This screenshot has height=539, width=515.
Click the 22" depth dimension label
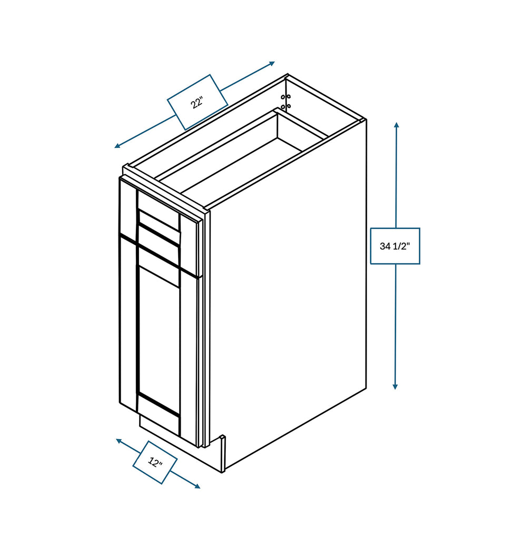(197, 102)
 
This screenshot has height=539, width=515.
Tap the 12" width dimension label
(155, 462)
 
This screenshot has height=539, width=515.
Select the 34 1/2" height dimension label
(394, 246)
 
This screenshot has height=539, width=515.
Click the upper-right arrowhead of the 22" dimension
(272, 63)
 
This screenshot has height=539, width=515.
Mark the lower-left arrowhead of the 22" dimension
(117, 146)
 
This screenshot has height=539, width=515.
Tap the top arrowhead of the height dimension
(397, 125)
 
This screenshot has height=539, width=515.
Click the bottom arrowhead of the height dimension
(395, 387)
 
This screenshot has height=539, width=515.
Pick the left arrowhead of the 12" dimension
(118, 441)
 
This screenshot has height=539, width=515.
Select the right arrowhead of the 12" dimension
(197, 486)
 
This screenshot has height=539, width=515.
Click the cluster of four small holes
(286, 102)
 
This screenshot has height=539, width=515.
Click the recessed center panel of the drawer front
(159, 221)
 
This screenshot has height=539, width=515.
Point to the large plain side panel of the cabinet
(287, 292)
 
